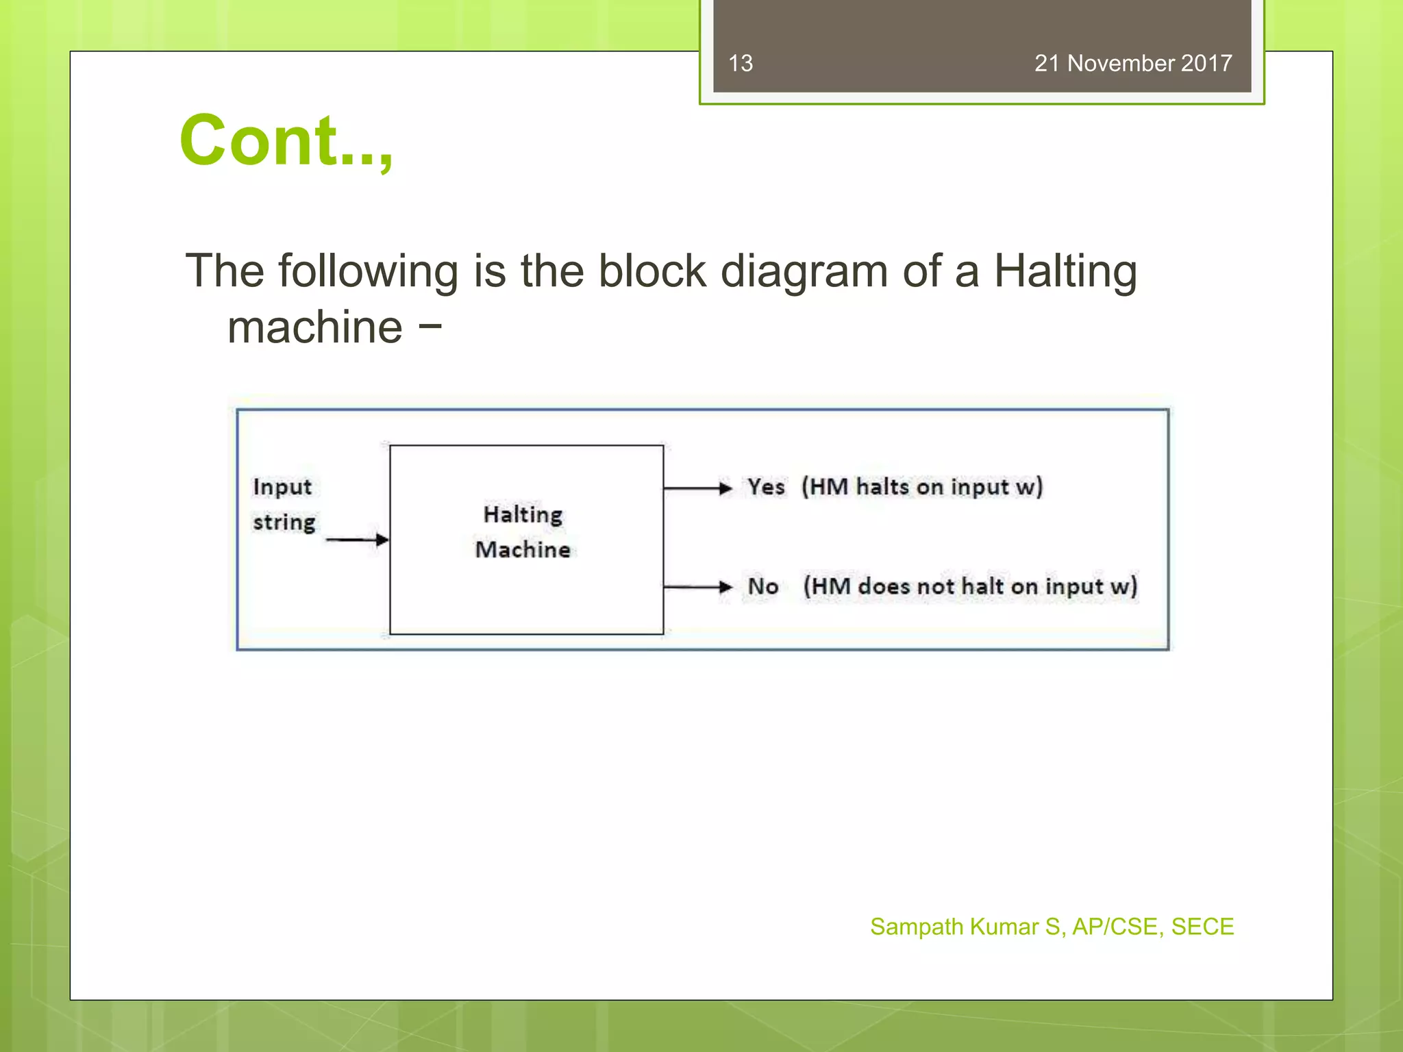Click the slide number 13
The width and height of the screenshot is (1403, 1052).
[x=741, y=63]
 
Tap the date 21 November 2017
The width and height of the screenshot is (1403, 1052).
[x=1133, y=63]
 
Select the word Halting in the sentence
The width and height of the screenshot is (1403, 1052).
[x=1065, y=271]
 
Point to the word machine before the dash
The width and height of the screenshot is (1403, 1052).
[x=315, y=327]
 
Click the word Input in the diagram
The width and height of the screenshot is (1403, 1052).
[x=282, y=487]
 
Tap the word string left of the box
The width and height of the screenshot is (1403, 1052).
[x=284, y=523]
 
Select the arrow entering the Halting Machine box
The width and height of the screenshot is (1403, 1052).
[x=356, y=540]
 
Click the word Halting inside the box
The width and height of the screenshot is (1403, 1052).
[x=523, y=514]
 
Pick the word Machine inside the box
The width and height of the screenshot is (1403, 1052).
[x=523, y=549]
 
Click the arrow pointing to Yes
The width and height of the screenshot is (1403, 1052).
[x=697, y=488]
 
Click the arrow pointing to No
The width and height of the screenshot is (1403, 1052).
[x=697, y=587]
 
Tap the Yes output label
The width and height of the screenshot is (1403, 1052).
[x=766, y=487]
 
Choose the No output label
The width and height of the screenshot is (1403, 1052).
[x=762, y=586]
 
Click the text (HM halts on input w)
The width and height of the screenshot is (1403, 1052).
[x=922, y=487]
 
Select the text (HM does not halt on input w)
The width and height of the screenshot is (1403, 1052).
[x=970, y=586]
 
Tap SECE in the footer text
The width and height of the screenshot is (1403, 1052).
[x=1202, y=927]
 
